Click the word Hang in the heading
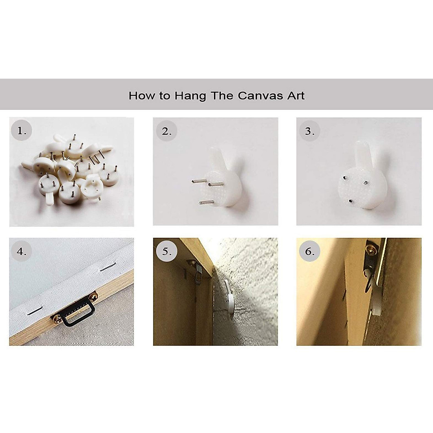point(190,96)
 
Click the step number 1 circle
point(21,130)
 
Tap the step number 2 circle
point(166,131)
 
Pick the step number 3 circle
point(310,131)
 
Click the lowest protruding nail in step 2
point(206,202)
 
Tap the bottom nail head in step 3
point(350,200)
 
